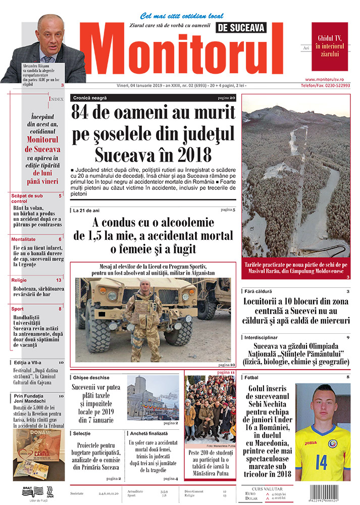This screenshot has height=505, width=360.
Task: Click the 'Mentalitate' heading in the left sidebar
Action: pos(26,239)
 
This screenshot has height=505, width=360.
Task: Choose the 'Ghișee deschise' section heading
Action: pos(91,378)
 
